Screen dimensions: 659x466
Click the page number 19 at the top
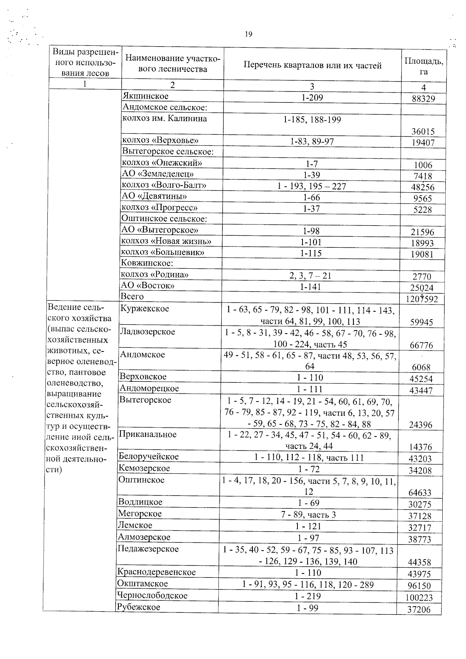click(x=249, y=35)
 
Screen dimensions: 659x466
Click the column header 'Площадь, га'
click(x=423, y=66)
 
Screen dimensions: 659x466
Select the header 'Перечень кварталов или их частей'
click(x=312, y=65)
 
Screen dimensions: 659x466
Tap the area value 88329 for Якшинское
click(x=423, y=99)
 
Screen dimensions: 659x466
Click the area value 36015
click(x=423, y=132)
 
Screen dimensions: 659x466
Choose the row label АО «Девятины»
click(x=154, y=196)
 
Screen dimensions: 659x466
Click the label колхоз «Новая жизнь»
click(x=166, y=242)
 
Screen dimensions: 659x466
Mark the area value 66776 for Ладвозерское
click(x=421, y=345)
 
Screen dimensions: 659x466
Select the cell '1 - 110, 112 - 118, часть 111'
click(x=309, y=457)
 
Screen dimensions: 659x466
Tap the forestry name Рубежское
click(x=139, y=607)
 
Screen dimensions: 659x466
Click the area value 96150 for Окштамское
click(x=419, y=586)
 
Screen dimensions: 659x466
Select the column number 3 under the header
click(x=312, y=86)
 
